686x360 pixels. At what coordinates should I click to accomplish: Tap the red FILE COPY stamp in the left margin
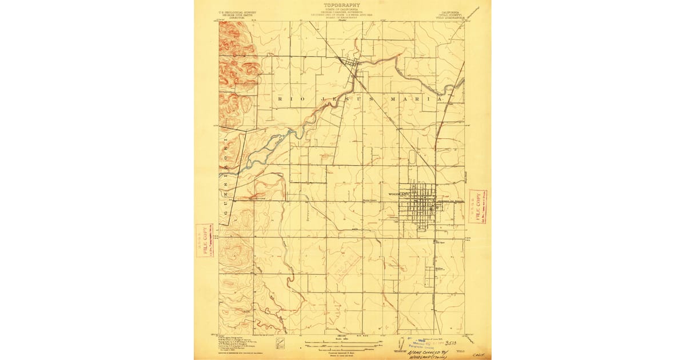pos(204,240)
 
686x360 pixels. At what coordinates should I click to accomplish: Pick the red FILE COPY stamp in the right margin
pos(477,207)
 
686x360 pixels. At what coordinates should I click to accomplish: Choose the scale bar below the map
pos(342,344)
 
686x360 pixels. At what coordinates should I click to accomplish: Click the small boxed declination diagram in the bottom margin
pos(281,344)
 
